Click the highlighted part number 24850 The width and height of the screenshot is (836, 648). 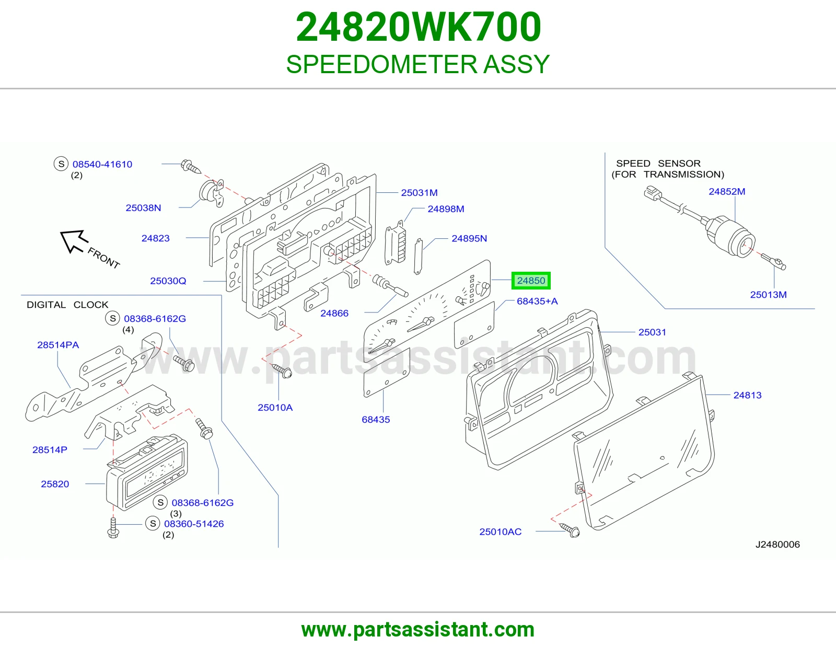pyautogui.click(x=530, y=281)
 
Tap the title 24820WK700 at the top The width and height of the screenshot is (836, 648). pyautogui.click(x=418, y=27)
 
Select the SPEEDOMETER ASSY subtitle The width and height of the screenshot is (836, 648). pyautogui.click(x=418, y=64)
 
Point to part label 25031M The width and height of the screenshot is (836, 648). pyautogui.click(x=420, y=192)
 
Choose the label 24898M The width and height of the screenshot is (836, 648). pyautogui.click(x=446, y=209)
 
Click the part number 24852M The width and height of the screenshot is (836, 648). pyautogui.click(x=727, y=191)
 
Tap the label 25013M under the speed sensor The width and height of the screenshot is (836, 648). pyautogui.click(x=768, y=294)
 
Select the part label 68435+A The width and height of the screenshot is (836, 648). pyautogui.click(x=537, y=301)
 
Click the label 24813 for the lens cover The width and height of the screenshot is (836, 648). pyautogui.click(x=747, y=395)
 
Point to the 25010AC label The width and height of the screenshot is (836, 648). pyautogui.click(x=500, y=531)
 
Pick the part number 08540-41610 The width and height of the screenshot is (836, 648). pyautogui.click(x=102, y=164)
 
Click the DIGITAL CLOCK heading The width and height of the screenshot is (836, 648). pyautogui.click(x=67, y=304)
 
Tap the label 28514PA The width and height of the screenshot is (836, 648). pyautogui.click(x=57, y=344)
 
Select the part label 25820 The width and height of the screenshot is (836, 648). pyautogui.click(x=55, y=484)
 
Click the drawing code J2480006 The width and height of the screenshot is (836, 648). pyautogui.click(x=777, y=544)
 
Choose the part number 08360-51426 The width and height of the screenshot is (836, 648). pyautogui.click(x=194, y=523)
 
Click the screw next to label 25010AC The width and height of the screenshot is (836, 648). pyautogui.click(x=570, y=529)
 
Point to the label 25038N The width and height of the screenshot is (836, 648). pyautogui.click(x=143, y=207)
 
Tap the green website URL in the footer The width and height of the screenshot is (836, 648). pyautogui.click(x=418, y=630)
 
